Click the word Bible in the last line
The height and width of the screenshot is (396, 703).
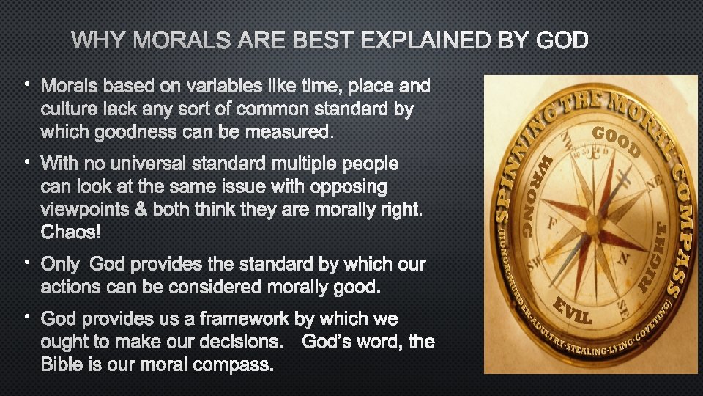click(61, 364)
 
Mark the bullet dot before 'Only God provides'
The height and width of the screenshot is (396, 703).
click(26, 260)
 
